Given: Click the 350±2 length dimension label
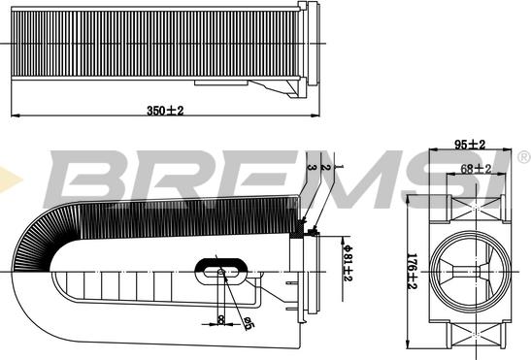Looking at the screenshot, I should [164, 111].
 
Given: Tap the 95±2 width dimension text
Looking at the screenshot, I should [470, 145].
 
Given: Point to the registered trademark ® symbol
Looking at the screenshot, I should [523, 157].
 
